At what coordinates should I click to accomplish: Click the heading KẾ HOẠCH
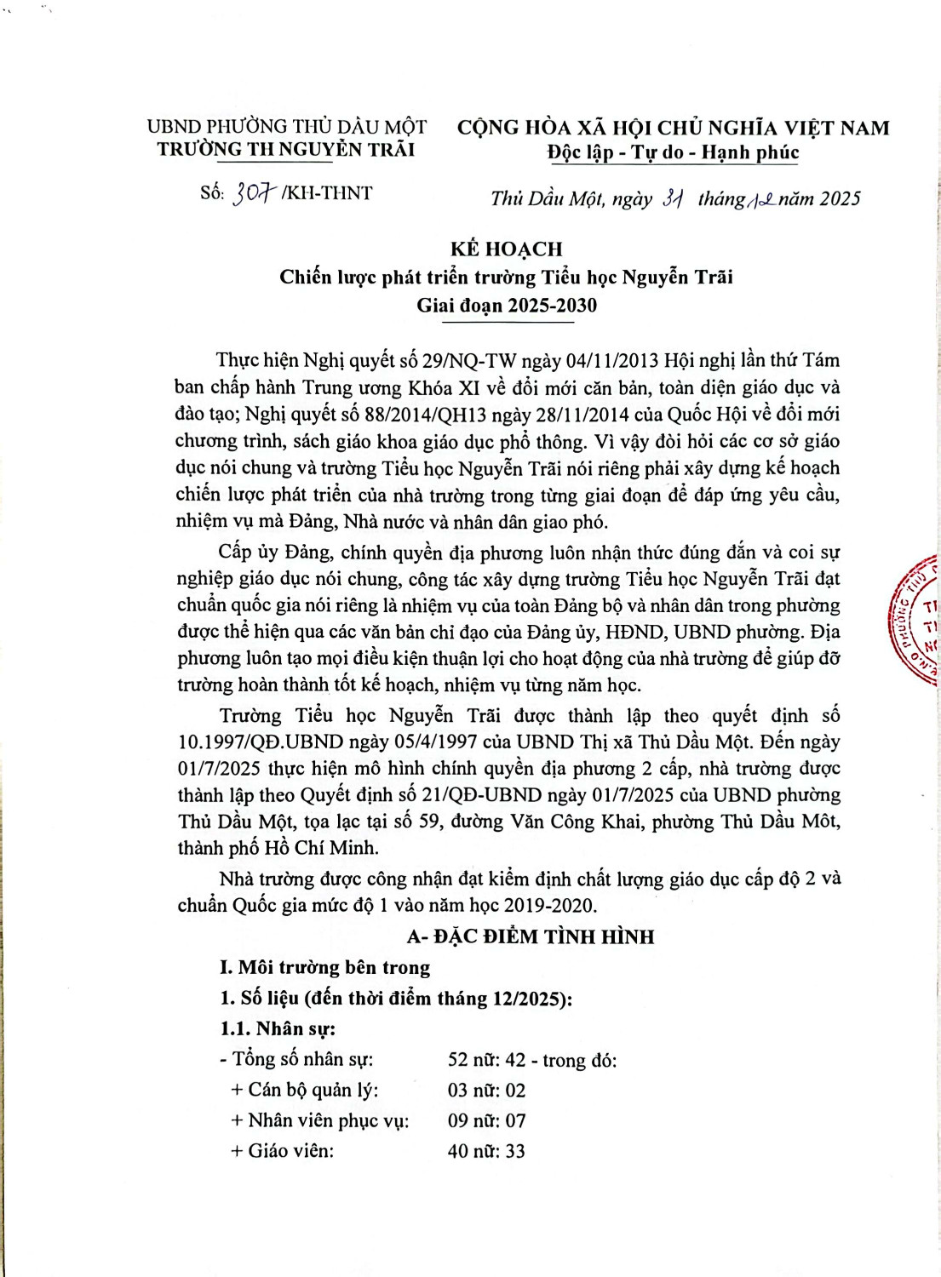[x=507, y=249]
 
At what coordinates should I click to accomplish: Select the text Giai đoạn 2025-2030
[x=507, y=306]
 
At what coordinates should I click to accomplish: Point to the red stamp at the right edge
[x=916, y=621]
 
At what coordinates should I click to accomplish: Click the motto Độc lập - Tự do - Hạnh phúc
[x=673, y=152]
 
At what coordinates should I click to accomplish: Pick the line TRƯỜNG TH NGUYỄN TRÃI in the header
[x=286, y=150]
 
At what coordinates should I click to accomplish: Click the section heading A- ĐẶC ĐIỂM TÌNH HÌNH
[x=531, y=936]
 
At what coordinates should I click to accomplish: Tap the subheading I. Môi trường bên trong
[x=325, y=967]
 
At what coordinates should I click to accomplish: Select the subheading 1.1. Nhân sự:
[x=278, y=1028]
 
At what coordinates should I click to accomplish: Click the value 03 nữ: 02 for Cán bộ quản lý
[x=486, y=1091]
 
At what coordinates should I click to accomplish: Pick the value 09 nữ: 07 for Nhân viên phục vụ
[x=486, y=1121]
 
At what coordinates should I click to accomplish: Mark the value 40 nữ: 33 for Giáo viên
[x=486, y=1152]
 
